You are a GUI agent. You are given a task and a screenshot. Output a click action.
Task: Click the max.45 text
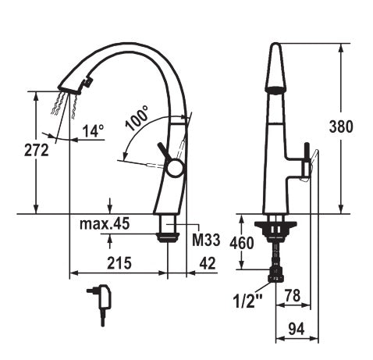[x=104, y=224]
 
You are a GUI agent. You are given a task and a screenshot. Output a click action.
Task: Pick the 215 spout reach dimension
[x=119, y=263]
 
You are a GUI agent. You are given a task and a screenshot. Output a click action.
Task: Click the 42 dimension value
[x=208, y=263]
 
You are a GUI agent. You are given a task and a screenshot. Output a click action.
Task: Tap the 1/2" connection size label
[x=247, y=298]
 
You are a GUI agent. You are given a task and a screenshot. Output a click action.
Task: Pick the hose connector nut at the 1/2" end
[x=275, y=274]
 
